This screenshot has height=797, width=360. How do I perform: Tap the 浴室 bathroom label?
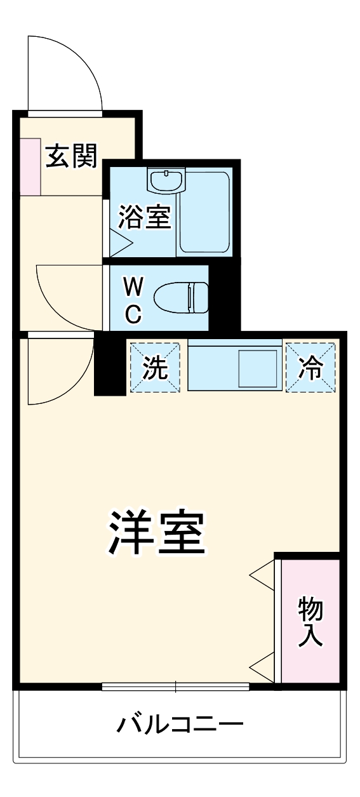145,218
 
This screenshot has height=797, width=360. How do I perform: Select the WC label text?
132,298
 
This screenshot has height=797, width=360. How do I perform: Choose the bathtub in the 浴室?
203,213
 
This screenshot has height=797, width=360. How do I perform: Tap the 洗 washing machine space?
155,367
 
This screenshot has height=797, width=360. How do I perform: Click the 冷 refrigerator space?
310,367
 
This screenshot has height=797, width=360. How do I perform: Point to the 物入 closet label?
311,621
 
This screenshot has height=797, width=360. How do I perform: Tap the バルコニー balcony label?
180,723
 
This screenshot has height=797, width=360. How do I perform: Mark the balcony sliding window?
176,686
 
